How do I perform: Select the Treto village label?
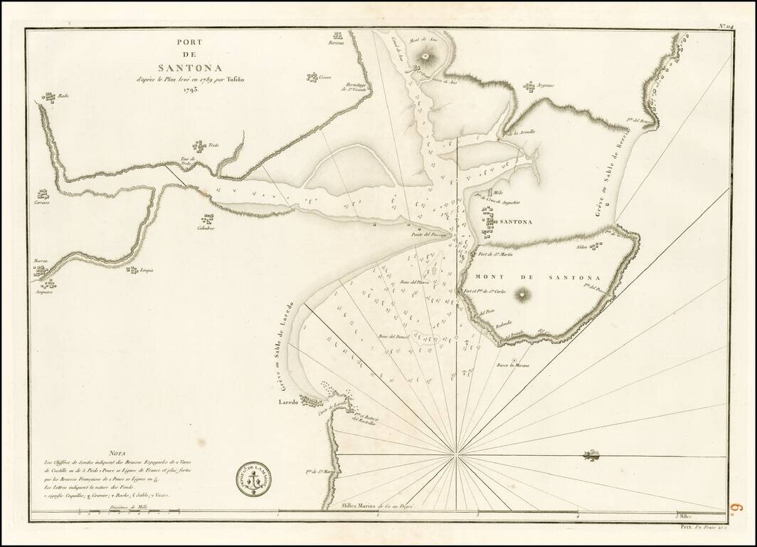point(213,146)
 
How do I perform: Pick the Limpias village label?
point(148,271)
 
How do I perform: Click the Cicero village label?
point(325,77)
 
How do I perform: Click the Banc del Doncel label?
point(391,336)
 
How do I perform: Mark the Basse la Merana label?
point(515,368)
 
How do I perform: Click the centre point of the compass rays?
point(456,453)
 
